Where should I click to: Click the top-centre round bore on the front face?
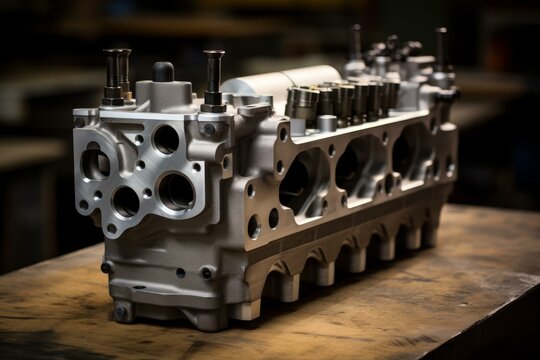[x=166, y=139]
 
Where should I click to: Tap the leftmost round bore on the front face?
[x=96, y=163]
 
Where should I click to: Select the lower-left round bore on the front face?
[x=126, y=201]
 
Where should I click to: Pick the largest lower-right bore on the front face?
[x=176, y=190]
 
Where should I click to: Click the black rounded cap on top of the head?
[x=163, y=71]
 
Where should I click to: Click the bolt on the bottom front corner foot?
[x=123, y=311]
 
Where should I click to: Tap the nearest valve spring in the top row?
[x=302, y=103]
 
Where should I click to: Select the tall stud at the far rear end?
[x=441, y=50]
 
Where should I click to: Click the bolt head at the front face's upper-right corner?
[x=208, y=129]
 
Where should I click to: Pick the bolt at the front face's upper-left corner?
[x=80, y=122]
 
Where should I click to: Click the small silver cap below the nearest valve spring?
[x=326, y=123]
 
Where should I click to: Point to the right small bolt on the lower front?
[x=206, y=272]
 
